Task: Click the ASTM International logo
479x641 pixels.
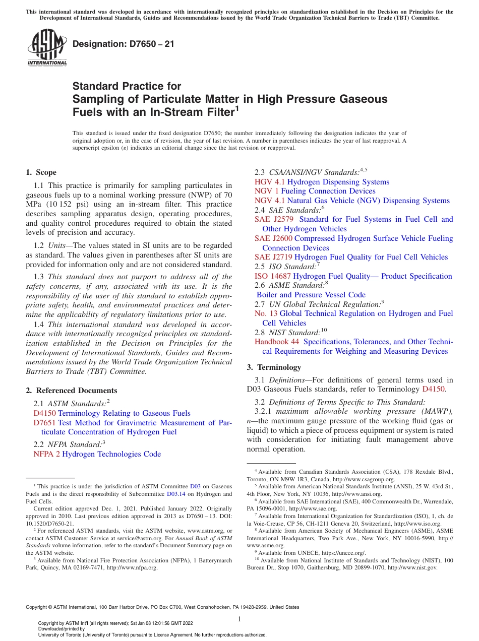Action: (x=47, y=48)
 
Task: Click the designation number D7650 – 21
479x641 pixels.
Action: (x=124, y=44)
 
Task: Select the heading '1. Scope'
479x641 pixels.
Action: (x=41, y=172)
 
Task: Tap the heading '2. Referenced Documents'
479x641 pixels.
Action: (x=72, y=391)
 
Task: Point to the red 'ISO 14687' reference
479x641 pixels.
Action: (x=273, y=276)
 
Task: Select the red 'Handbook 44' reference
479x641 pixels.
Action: (x=277, y=342)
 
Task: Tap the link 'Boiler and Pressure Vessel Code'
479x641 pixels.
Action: (x=311, y=295)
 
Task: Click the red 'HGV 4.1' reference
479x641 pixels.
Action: (x=270, y=182)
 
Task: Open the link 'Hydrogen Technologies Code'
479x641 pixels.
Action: (x=111, y=454)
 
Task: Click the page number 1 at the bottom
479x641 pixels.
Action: (x=239, y=619)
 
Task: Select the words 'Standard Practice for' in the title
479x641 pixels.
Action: (x=127, y=86)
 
